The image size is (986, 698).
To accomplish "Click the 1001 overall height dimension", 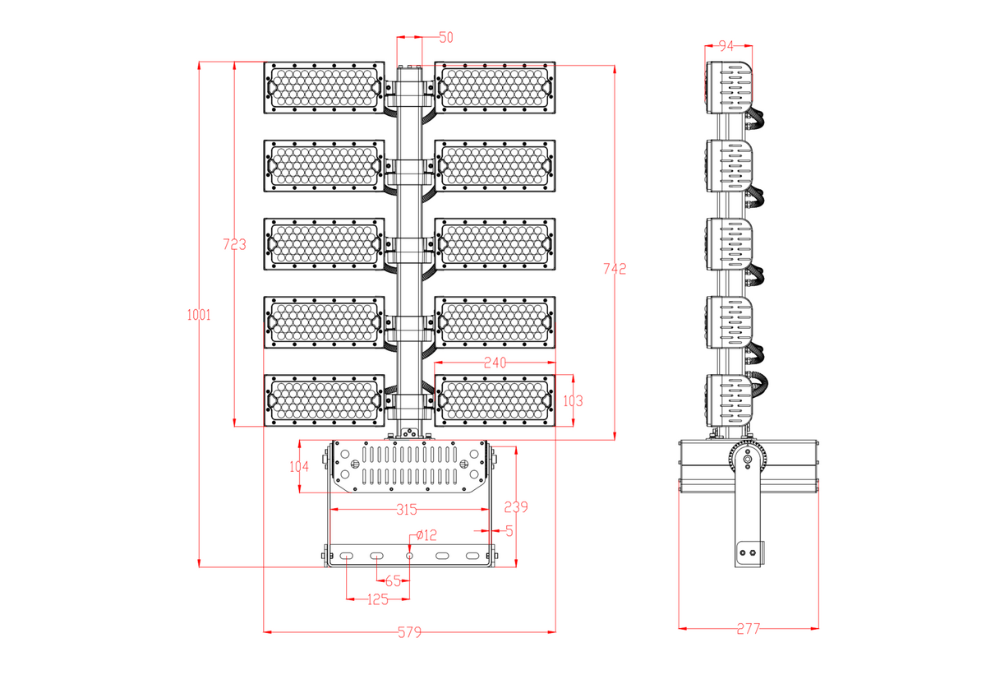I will [x=199, y=314].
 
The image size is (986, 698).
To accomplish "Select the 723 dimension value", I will [x=234, y=244].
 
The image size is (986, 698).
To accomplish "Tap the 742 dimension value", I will [x=615, y=269].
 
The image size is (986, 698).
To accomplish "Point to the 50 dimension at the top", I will [x=446, y=37].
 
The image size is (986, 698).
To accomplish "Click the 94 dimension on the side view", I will [x=726, y=45].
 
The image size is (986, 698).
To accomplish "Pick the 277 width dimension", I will [x=748, y=629].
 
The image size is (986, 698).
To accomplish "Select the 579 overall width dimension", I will [x=409, y=632].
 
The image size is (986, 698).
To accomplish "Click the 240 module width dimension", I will [x=495, y=362].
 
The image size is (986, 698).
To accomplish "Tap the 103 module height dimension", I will [x=573, y=400].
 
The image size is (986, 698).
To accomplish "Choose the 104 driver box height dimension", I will [x=299, y=466].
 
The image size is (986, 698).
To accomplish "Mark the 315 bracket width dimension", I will [x=406, y=510].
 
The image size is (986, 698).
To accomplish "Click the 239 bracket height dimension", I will [x=516, y=506].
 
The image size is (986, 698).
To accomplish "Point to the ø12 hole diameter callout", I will [x=426, y=535].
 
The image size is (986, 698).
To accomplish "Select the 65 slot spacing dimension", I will [x=393, y=580].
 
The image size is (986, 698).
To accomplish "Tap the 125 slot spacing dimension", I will [x=377, y=599].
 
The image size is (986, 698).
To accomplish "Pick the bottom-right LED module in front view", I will [x=495, y=400].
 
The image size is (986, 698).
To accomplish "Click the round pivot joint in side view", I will [x=747, y=460].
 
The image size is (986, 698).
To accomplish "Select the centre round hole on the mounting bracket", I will [x=410, y=557].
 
